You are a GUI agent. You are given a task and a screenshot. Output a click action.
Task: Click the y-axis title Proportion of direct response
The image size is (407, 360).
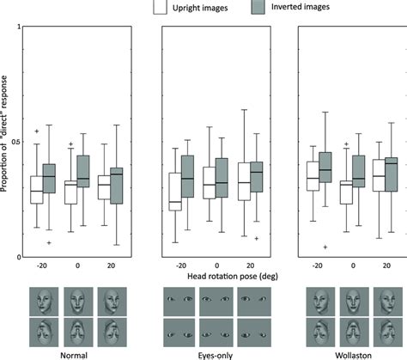[6, 142]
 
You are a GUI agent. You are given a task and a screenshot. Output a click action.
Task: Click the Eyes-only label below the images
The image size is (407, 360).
[215, 352]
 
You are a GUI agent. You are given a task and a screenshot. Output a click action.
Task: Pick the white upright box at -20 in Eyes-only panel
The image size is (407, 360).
[175, 192]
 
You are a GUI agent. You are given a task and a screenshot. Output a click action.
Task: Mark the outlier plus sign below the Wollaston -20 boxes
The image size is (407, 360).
[325, 247]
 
